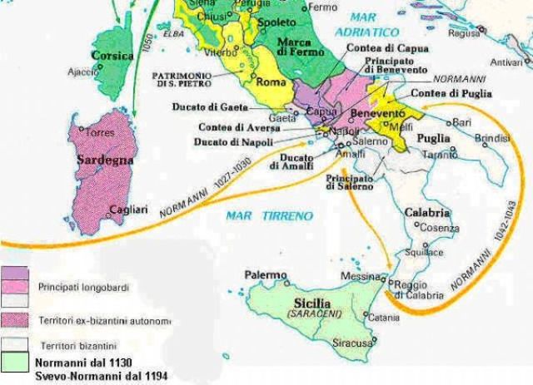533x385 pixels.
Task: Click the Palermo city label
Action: click(265, 274)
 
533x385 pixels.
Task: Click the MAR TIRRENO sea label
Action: click(269, 215)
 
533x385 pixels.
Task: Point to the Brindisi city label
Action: click(491, 137)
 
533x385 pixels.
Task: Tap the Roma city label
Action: click(271, 82)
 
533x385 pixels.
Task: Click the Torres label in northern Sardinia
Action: click(102, 133)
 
